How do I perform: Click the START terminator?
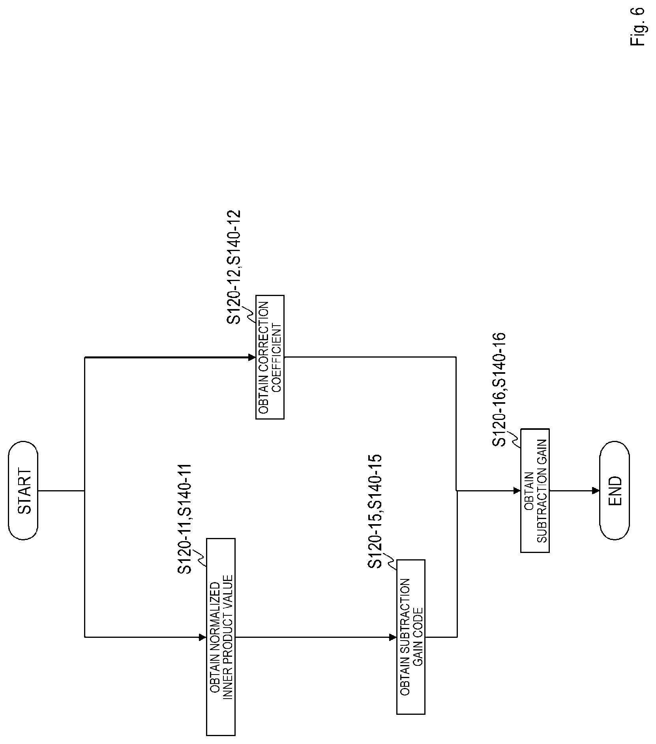(x=23, y=490)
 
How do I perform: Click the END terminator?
(x=614, y=490)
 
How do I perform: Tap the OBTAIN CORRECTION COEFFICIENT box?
(x=270, y=357)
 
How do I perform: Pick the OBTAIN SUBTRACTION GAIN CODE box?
(x=410, y=637)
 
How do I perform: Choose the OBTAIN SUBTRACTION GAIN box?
(x=535, y=490)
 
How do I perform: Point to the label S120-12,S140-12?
(x=234, y=267)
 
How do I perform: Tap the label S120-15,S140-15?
(x=375, y=511)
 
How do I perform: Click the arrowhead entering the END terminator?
(x=596, y=491)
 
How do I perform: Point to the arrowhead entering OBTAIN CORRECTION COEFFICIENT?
(x=252, y=357)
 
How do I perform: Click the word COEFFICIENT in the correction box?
(x=277, y=357)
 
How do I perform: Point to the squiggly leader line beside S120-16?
(x=515, y=438)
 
